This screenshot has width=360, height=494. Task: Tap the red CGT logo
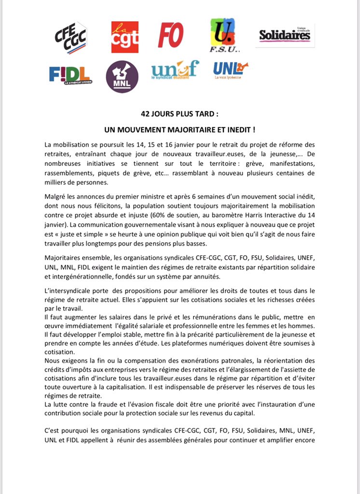click(x=125, y=37)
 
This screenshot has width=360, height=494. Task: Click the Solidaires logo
click(x=285, y=35)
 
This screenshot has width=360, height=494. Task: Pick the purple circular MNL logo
click(x=122, y=77)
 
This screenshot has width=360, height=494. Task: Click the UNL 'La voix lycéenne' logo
click(x=231, y=70)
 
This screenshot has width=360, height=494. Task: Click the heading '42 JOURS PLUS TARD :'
click(x=180, y=115)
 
